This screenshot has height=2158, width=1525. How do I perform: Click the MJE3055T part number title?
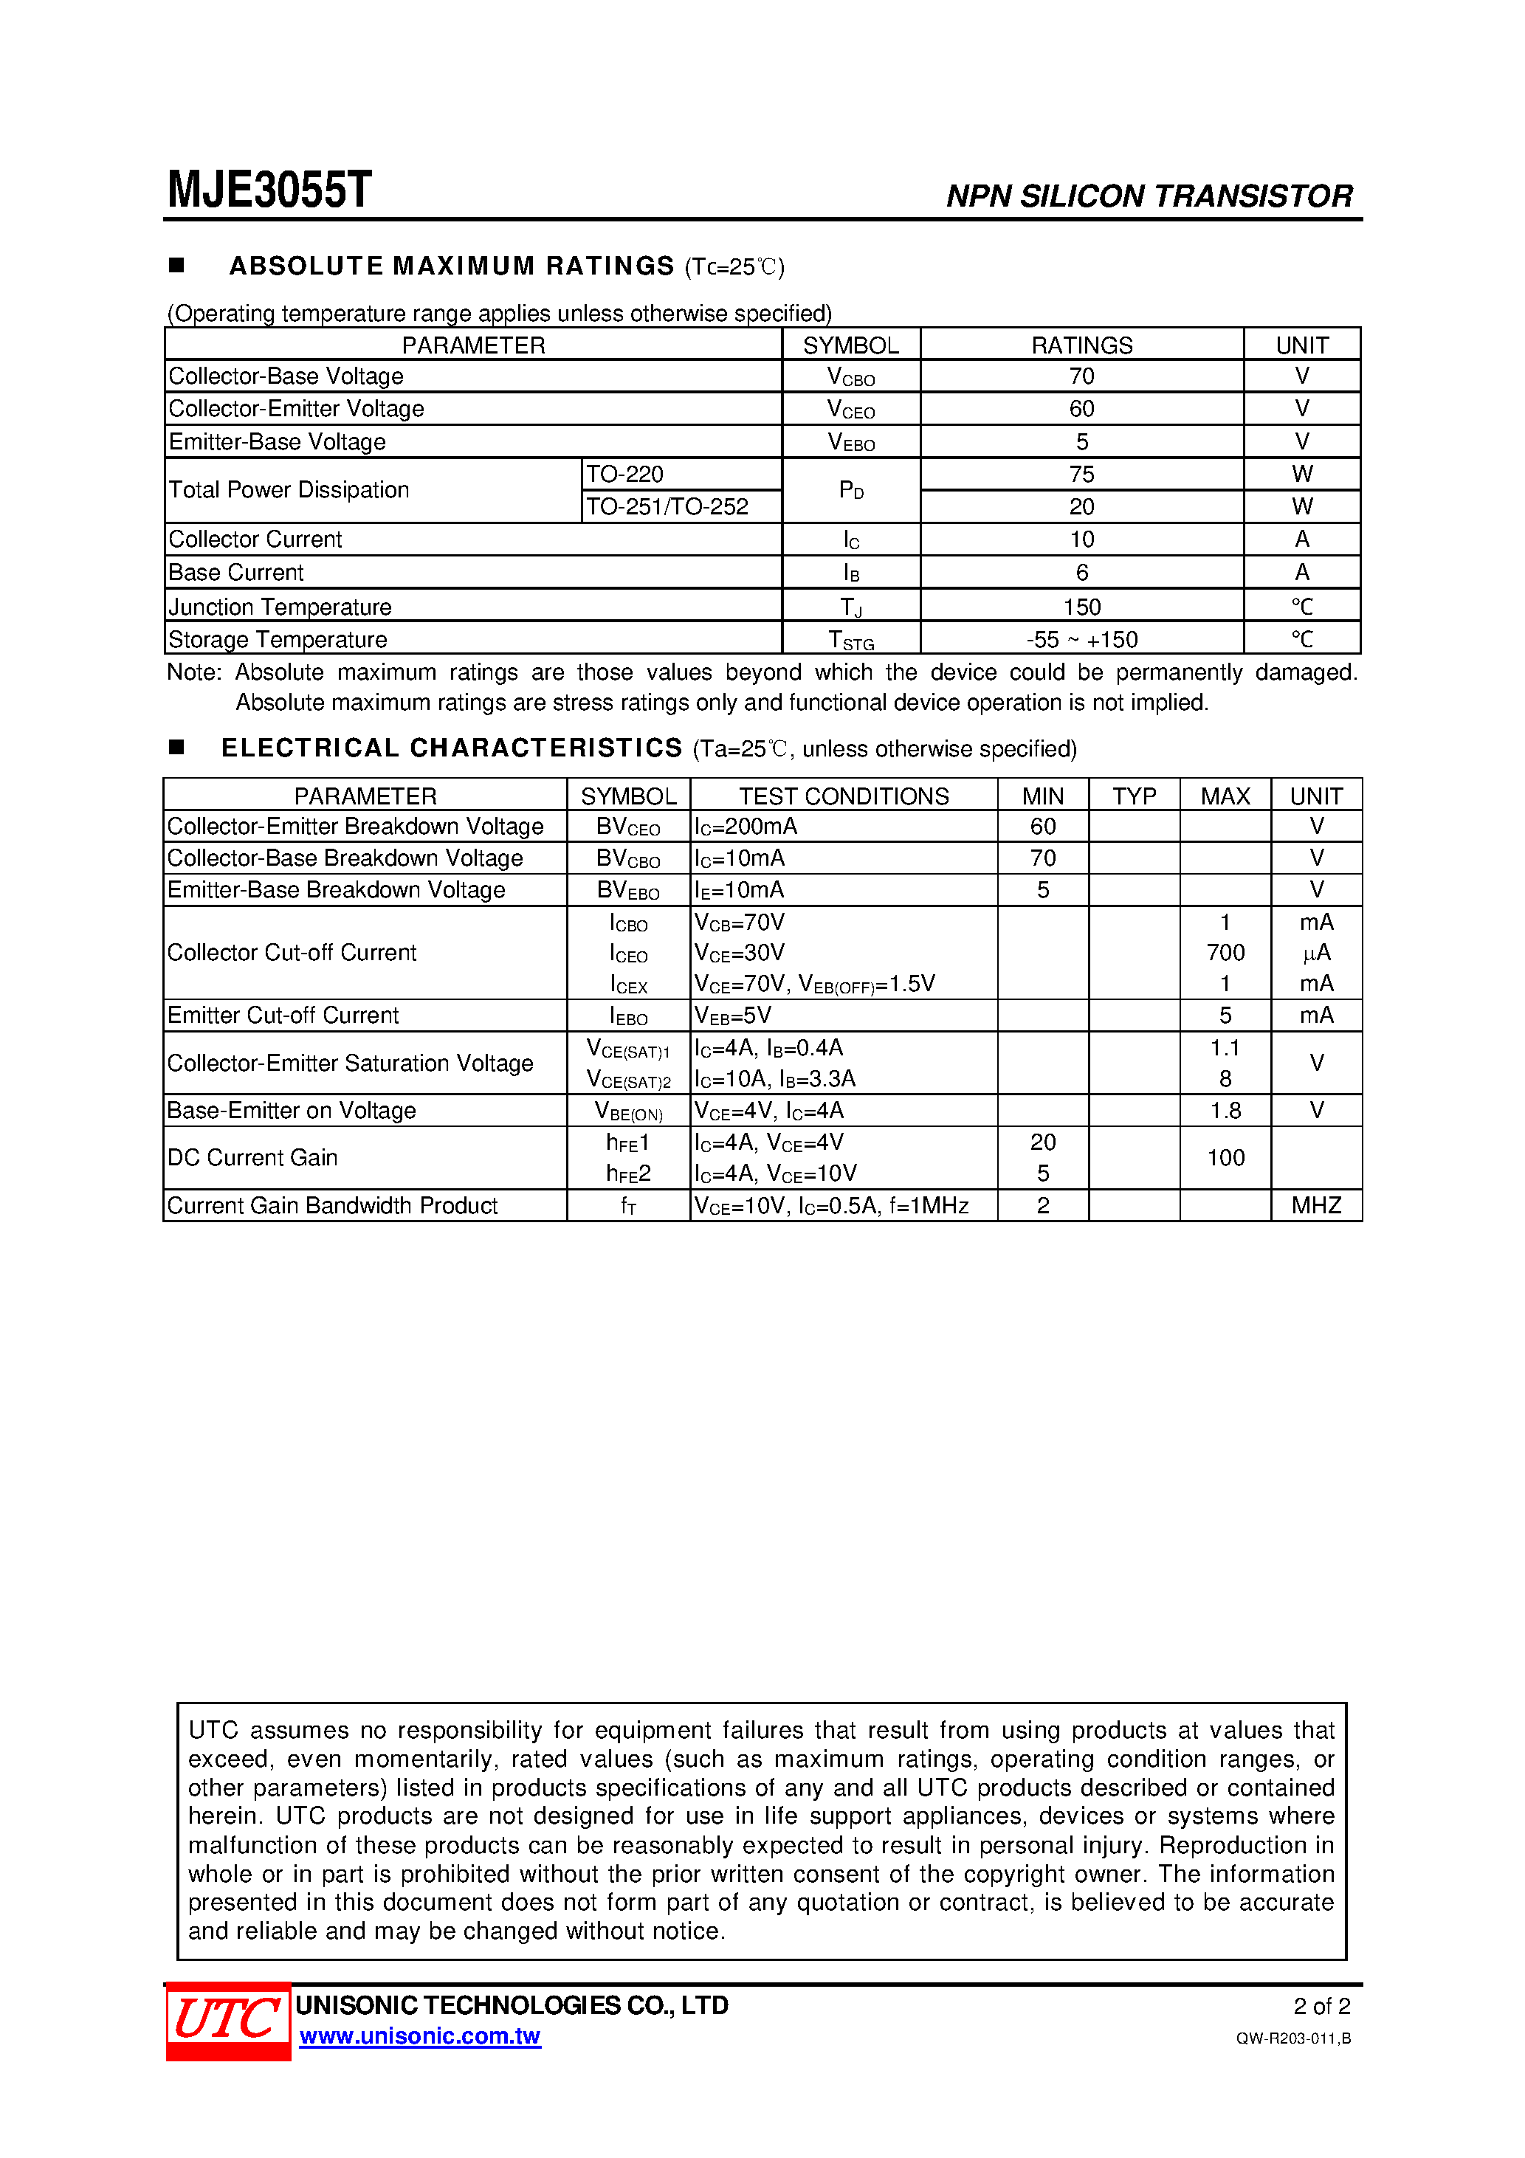270,190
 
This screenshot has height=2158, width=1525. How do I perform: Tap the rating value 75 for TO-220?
1081,474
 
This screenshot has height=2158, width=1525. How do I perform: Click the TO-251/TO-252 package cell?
667,506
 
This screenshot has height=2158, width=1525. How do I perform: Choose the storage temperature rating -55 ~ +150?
1081,639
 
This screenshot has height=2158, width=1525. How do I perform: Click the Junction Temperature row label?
280,606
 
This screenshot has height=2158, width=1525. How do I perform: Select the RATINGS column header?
1081,345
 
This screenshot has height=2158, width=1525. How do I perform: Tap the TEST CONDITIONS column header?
844,796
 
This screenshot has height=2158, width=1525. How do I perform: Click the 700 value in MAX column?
1225,952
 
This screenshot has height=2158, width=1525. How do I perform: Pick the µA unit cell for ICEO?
1315,952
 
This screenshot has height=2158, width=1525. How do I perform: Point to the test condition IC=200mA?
746,826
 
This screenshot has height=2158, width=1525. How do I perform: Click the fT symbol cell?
628,1205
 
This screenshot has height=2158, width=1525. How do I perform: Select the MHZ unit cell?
1315,1205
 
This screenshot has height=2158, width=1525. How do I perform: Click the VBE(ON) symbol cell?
628,1111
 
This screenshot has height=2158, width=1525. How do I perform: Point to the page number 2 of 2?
1321,2006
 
